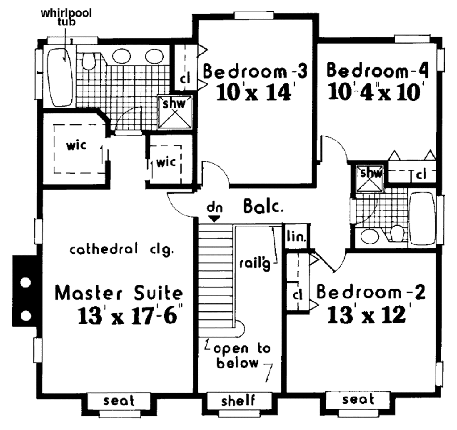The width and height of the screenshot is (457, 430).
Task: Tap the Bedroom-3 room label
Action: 255,71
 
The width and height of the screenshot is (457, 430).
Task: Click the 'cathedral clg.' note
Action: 121,249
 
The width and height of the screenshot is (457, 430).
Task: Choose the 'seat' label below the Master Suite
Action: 119,400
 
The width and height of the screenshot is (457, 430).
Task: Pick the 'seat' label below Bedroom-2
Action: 358,399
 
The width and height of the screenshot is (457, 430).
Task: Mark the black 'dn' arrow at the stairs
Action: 215,218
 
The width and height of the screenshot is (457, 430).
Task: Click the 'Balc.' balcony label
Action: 264,207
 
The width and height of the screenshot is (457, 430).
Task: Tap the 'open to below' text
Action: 238,356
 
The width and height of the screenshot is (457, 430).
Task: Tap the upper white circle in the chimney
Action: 25,282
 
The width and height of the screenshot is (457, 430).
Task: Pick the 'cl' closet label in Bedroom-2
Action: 298,295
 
